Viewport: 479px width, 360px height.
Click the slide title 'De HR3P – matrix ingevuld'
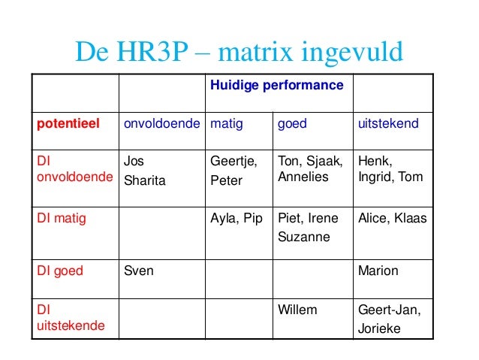[x=239, y=52]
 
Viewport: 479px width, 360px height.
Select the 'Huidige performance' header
[x=276, y=86]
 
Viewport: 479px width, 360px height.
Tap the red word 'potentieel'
[x=68, y=123]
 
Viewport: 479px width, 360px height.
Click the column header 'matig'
[x=226, y=123]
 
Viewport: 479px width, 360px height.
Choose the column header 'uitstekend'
[x=388, y=123]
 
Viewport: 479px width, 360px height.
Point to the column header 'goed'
[x=292, y=123]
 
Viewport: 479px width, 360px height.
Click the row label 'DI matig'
[x=62, y=219]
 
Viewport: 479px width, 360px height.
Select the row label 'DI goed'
[x=60, y=271]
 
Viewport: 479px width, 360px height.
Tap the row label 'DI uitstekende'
[x=71, y=319]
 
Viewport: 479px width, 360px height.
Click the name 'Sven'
[x=137, y=271]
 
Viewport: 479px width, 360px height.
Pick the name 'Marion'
[x=378, y=271]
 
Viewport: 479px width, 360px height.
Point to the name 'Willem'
[x=297, y=310]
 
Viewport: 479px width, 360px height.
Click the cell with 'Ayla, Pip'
[x=236, y=219]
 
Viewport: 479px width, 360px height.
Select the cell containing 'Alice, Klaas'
[x=392, y=219]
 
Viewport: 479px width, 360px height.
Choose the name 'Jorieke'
[x=380, y=328]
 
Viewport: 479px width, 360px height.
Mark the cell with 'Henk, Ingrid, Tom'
[x=390, y=169]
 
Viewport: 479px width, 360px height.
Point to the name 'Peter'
[x=226, y=181]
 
